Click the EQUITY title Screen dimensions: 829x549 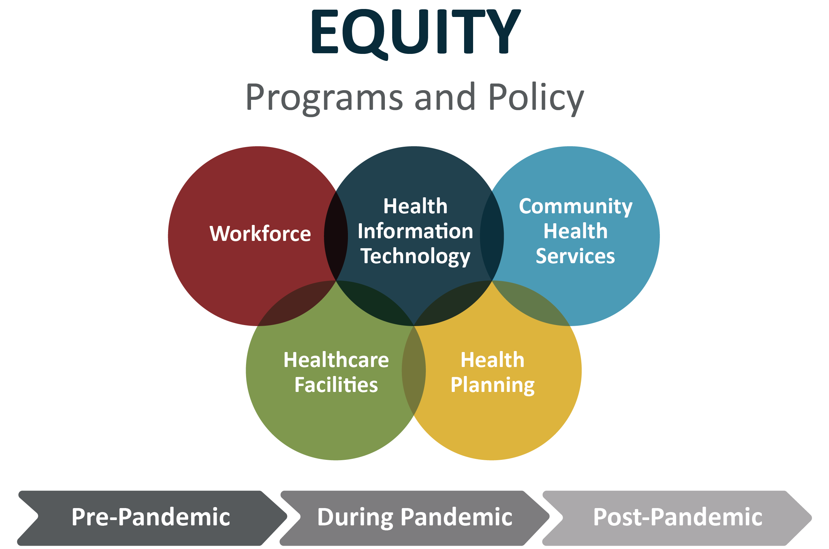point(416,34)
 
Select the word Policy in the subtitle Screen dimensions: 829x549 point(536,99)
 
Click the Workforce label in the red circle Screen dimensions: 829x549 point(260,234)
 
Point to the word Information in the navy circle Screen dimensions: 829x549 point(415,231)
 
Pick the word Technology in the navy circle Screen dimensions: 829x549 point(415,257)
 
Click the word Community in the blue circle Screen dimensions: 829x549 point(576,207)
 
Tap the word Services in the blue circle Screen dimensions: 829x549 point(575,256)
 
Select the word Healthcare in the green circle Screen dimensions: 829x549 point(336,360)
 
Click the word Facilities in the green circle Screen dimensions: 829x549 point(336,385)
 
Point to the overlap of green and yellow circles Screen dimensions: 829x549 point(414,371)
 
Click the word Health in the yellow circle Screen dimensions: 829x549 point(492,360)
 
